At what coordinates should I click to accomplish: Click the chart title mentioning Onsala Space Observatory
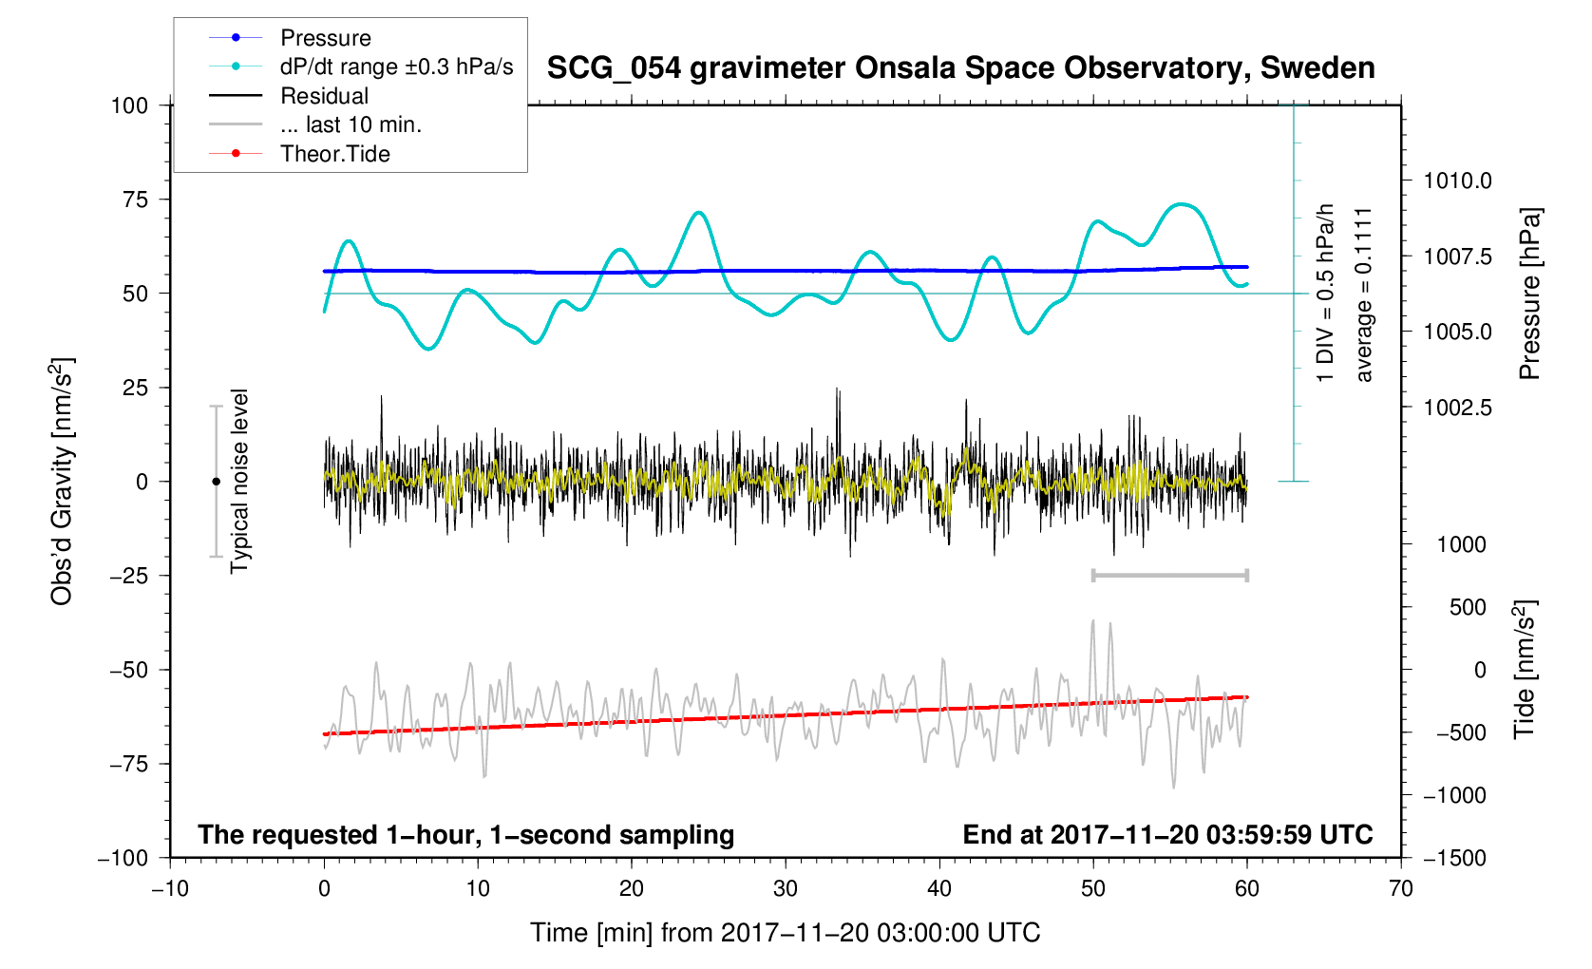click(x=960, y=68)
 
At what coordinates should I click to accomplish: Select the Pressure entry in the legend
click(x=325, y=38)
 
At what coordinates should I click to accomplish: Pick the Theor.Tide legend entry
click(x=334, y=154)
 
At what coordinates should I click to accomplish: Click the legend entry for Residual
click(x=324, y=96)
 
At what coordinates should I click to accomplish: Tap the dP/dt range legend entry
click(x=396, y=66)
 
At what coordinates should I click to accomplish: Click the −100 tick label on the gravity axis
click(x=123, y=858)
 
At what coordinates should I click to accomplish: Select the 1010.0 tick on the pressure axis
click(x=1457, y=180)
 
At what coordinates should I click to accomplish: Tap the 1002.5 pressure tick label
click(x=1457, y=408)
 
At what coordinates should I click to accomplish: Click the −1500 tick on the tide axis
click(x=1453, y=858)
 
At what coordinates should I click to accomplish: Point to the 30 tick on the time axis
click(x=786, y=889)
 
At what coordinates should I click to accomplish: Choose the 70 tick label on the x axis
click(x=1400, y=889)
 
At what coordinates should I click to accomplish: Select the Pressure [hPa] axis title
click(x=1529, y=294)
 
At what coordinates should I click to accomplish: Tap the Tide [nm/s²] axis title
click(x=1525, y=670)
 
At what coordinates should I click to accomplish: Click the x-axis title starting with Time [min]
click(x=785, y=933)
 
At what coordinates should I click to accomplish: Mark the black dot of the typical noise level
click(x=217, y=482)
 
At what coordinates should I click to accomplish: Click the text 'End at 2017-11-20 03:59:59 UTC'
click(x=1167, y=835)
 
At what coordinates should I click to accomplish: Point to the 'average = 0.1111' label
click(x=1364, y=294)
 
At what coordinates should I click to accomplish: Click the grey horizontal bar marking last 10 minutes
click(x=1169, y=576)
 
